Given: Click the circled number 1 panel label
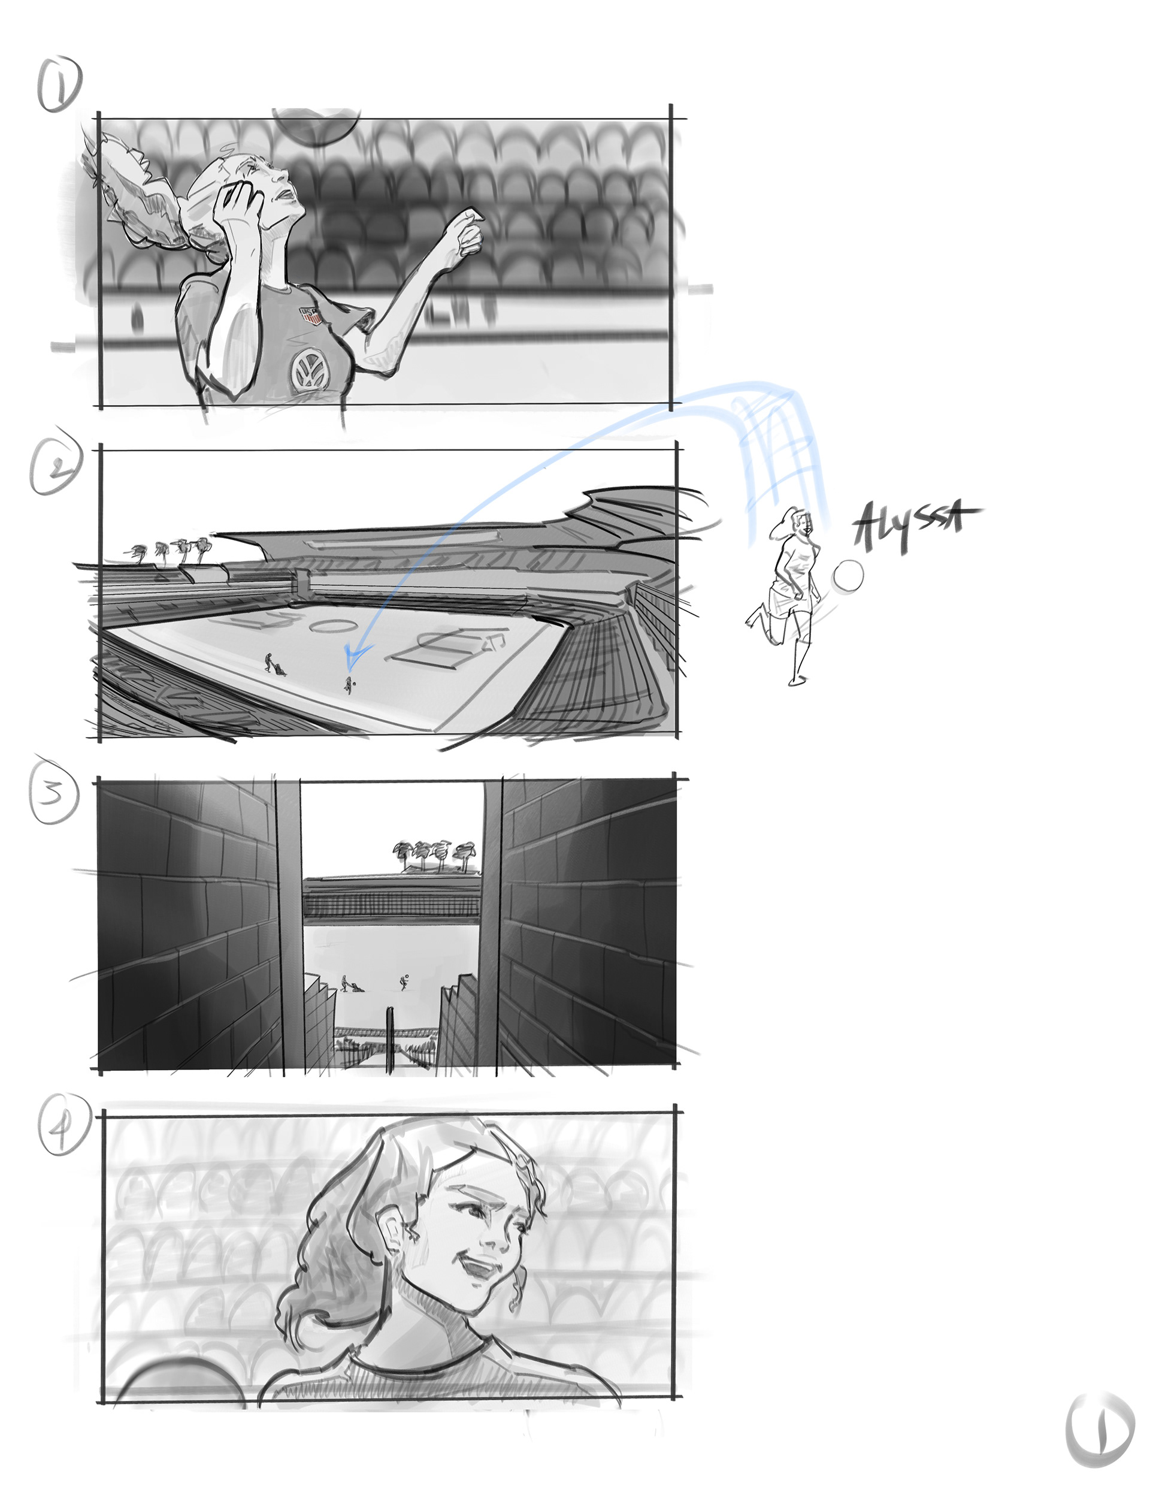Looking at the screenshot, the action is click(x=60, y=83).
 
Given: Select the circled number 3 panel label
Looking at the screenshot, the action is click(x=54, y=793).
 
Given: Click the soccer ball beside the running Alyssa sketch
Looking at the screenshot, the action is click(x=848, y=576).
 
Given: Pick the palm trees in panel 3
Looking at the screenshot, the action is click(x=434, y=856).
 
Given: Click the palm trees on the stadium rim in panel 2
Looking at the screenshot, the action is click(x=174, y=549).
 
